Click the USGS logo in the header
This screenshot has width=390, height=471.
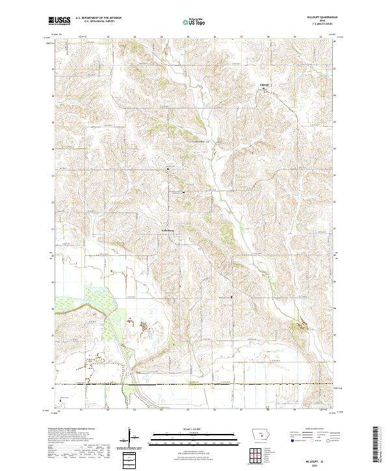(x=60, y=21)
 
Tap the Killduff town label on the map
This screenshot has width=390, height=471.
(x=264, y=84)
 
